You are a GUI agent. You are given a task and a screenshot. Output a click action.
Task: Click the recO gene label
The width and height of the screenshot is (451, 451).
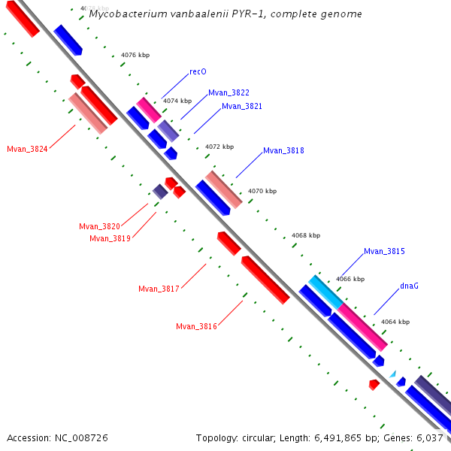point(198,72)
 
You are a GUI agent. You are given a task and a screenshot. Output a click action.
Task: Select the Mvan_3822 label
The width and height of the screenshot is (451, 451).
point(229,92)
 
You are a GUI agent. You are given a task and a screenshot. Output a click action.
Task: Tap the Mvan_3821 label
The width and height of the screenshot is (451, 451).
point(241,107)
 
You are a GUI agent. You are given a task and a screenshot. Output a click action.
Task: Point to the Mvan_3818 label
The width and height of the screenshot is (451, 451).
point(283,150)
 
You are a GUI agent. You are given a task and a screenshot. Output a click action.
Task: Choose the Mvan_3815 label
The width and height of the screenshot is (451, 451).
point(384,251)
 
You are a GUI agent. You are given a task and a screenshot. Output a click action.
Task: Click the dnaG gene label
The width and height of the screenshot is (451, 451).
point(409,286)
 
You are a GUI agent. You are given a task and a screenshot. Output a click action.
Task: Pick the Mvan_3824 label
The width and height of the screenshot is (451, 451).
point(27,149)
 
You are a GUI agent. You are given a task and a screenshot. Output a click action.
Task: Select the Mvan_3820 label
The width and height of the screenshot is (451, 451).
point(99,226)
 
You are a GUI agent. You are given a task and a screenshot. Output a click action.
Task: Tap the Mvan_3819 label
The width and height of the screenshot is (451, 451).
point(110,238)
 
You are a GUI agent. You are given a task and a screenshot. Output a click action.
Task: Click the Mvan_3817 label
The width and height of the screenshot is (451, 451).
point(159,289)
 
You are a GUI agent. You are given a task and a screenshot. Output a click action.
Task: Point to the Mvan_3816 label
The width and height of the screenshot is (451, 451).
point(196,326)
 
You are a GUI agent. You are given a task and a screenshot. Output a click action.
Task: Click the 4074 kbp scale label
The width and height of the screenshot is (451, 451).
point(177,101)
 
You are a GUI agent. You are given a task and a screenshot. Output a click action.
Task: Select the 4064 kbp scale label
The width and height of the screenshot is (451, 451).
point(395,322)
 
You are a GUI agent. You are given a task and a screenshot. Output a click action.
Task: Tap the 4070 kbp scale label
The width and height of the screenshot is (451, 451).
point(262,191)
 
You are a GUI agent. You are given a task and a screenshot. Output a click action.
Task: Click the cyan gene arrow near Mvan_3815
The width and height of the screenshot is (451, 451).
point(325,289)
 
